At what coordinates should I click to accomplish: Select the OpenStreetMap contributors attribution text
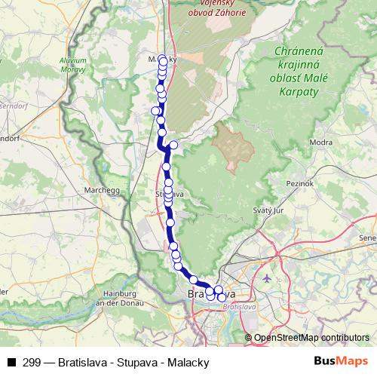point(311,338)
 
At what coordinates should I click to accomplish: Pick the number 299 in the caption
point(32,362)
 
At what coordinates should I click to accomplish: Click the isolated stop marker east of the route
point(173,145)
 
